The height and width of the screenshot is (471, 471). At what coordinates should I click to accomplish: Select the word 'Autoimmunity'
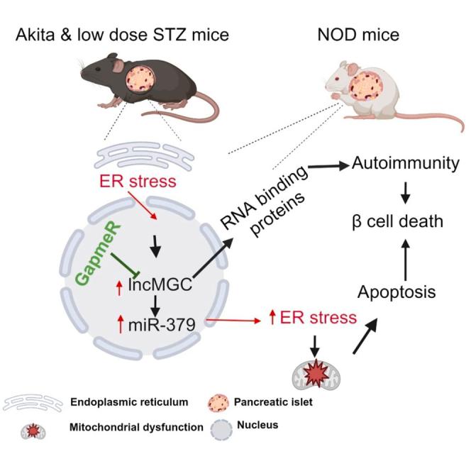399,165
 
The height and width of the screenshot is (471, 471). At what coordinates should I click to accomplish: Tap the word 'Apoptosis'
396,290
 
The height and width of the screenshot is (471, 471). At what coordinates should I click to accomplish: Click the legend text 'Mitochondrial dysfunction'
132,428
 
